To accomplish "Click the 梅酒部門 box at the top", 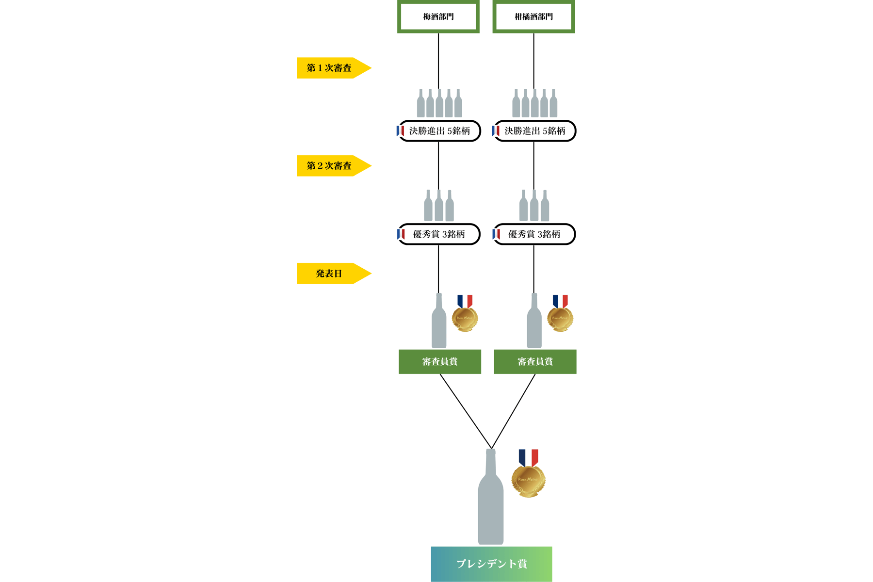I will [438, 16].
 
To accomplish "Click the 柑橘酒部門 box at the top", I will [533, 16].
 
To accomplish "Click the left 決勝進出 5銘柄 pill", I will [439, 131].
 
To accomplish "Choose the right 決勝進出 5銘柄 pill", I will [534, 131].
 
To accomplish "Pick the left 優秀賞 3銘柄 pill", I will [439, 234].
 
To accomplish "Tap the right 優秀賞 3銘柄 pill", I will [534, 234].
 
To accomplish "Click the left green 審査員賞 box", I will [440, 362].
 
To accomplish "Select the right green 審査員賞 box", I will [535, 362].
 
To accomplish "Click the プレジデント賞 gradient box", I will [491, 564].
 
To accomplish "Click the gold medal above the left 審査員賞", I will [465, 318].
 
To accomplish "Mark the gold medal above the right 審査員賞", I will [560, 318].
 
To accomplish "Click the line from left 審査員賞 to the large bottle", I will [466, 411].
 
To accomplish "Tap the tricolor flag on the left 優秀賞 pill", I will [401, 234].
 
